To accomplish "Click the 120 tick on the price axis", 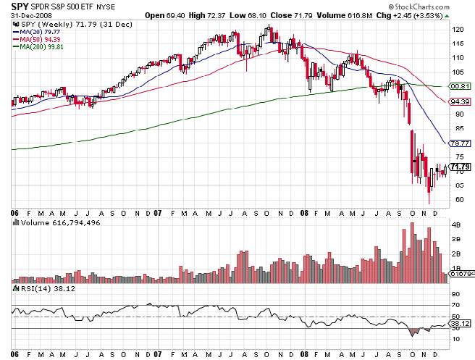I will point(456,30).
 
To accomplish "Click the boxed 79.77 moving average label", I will point(458,143).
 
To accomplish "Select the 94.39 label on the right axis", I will point(458,102).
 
